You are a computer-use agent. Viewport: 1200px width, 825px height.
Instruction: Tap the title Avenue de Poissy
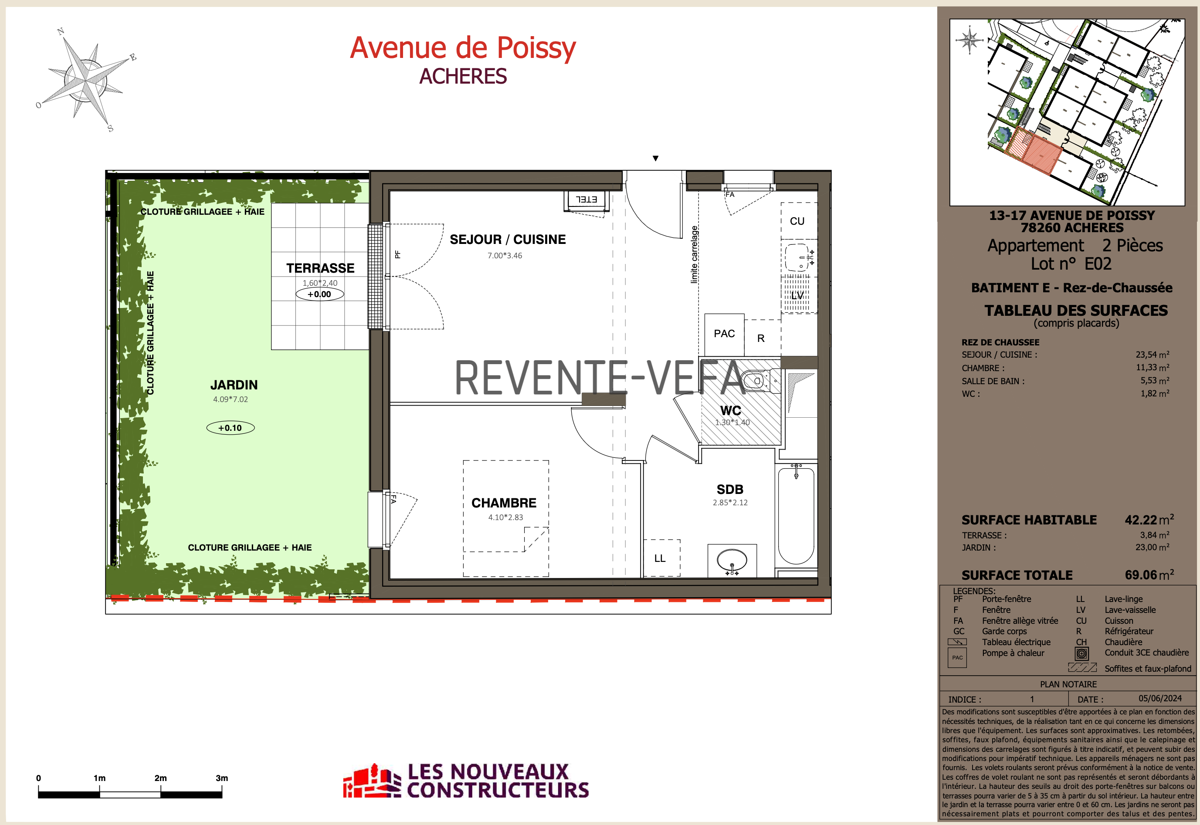click(x=463, y=48)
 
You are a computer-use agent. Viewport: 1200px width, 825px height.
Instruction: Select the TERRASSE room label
click(x=321, y=268)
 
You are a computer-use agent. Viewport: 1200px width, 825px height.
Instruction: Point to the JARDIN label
click(x=234, y=385)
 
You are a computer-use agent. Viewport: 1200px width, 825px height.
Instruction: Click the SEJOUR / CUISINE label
click(x=508, y=239)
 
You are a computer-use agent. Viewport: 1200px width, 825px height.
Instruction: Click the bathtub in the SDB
click(x=796, y=514)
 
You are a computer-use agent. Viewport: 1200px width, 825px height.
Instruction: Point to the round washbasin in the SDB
click(x=732, y=560)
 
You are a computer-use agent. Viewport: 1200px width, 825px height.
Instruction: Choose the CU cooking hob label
click(x=797, y=221)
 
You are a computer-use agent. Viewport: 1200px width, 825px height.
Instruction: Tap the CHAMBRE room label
click(x=504, y=503)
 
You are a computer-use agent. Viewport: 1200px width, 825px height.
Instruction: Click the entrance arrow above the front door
click(x=656, y=159)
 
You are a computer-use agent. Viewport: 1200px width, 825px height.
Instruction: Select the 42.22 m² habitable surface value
click(x=1149, y=520)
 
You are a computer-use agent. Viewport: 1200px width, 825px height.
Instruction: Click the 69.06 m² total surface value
click(x=1149, y=575)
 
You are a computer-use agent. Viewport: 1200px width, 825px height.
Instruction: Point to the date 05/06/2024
click(x=1160, y=698)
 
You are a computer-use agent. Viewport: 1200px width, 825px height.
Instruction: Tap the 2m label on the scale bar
click(x=161, y=778)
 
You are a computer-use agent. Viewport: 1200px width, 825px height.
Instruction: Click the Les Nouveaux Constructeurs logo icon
click(x=372, y=781)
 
